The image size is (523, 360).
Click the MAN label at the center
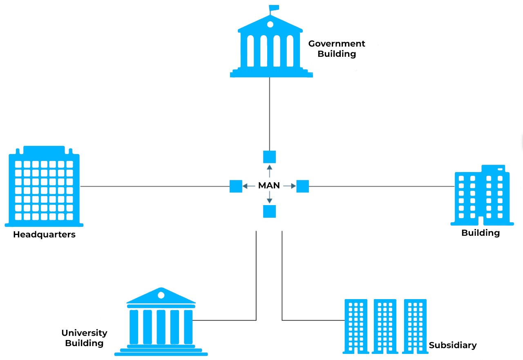pyautogui.click(x=269, y=186)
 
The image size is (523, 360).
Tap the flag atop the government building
pyautogui.click(x=273, y=8)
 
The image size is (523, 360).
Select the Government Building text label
pyautogui.click(x=337, y=49)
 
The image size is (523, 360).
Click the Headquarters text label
pyautogui.click(x=44, y=235)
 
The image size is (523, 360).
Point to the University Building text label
pyautogui.click(x=84, y=338)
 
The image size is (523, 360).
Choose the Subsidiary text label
pyautogui.click(x=453, y=345)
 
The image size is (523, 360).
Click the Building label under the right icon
pyautogui.click(x=481, y=233)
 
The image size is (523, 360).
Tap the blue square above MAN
pyautogui.click(x=269, y=157)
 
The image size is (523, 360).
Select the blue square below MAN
pyautogui.click(x=269, y=211)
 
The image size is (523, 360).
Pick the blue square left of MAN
pyautogui.click(x=236, y=186)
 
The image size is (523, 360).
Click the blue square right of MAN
pyautogui.click(x=302, y=186)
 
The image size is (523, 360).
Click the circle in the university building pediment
pyautogui.click(x=161, y=295)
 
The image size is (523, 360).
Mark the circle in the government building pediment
pyautogui.click(x=270, y=24)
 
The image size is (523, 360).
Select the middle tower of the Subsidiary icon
pyautogui.click(x=385, y=326)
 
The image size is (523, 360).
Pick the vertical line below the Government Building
pyautogui.click(x=270, y=114)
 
